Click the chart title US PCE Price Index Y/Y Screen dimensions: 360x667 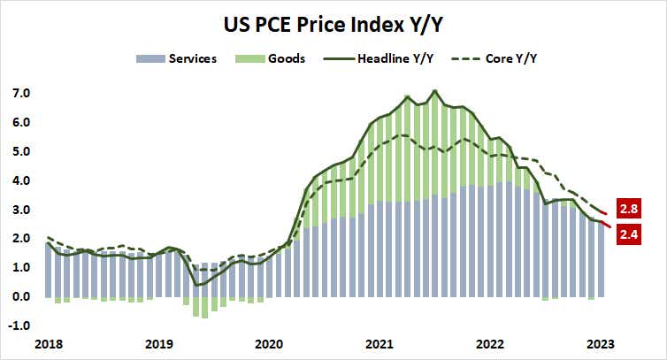[333, 24]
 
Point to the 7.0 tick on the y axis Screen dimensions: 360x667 [21, 93]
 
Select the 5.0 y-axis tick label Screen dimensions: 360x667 [21, 151]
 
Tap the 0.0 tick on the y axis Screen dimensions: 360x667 [21, 297]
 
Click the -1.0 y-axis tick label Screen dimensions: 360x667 [19, 326]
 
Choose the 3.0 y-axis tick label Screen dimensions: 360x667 [21, 210]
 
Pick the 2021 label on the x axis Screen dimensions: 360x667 [379, 343]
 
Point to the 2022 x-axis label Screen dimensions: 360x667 [489, 343]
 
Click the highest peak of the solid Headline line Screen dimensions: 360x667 [434, 90]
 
